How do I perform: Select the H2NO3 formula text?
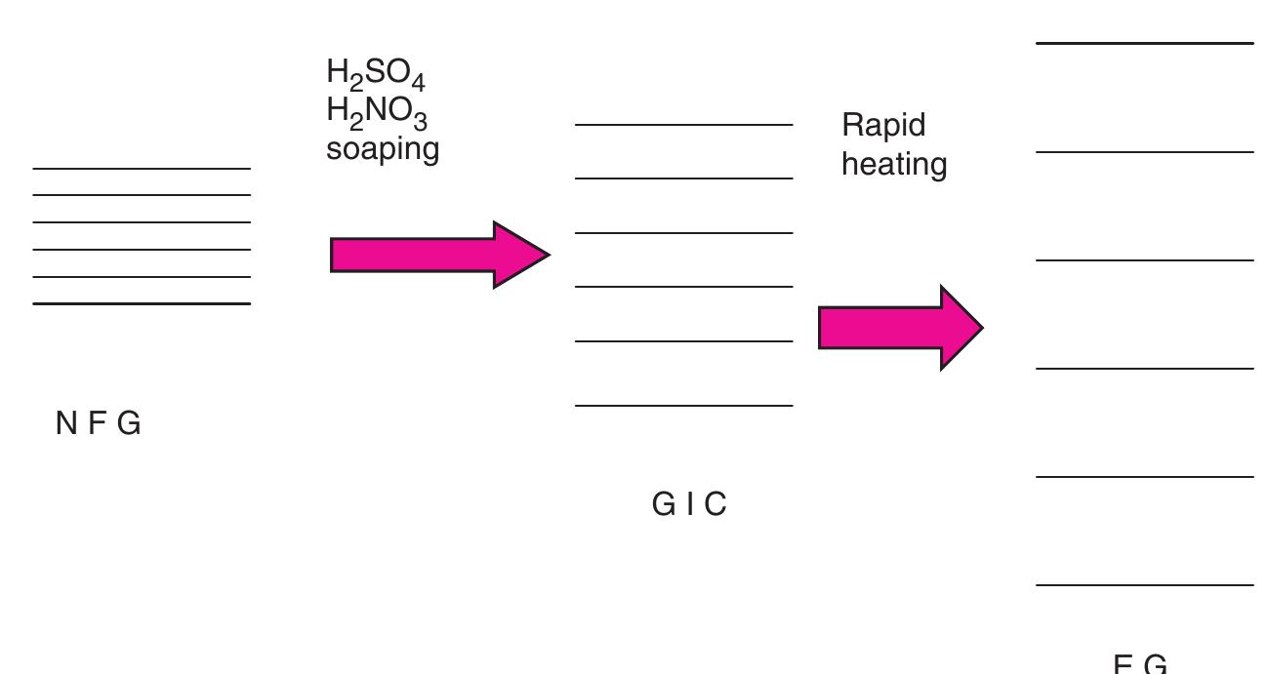(x=377, y=113)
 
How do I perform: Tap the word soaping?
(x=383, y=149)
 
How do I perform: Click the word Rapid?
(x=883, y=126)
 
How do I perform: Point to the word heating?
(x=894, y=164)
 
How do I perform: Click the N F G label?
(x=99, y=423)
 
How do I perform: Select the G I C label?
(x=689, y=504)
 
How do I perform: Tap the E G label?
(x=1140, y=663)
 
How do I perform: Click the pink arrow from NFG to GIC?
(x=439, y=255)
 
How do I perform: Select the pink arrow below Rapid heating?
(x=898, y=328)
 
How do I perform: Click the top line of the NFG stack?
(x=142, y=169)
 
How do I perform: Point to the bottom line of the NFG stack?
(x=142, y=303)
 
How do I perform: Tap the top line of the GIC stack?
(x=683, y=125)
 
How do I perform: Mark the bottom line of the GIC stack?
(x=683, y=405)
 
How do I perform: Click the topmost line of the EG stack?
(x=1144, y=43)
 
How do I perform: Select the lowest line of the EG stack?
(x=1144, y=585)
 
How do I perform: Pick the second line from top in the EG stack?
(x=1144, y=152)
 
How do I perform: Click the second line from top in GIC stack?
(x=683, y=178)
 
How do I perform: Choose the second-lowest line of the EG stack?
(x=1144, y=477)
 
